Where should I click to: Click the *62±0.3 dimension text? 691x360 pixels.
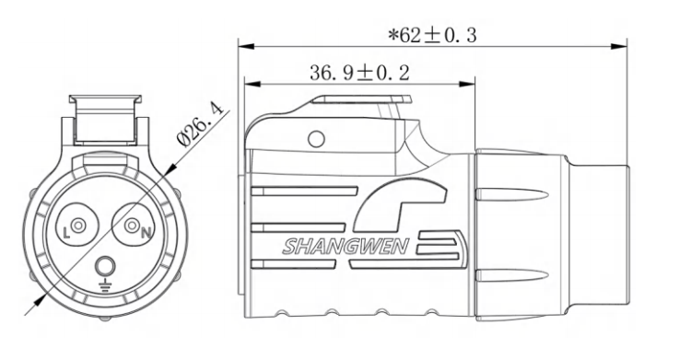[432, 35]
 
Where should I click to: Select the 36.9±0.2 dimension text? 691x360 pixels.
[359, 73]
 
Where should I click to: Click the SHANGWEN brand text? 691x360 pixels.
[345, 247]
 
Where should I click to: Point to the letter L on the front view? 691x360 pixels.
[66, 233]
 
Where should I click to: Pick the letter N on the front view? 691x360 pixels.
[146, 233]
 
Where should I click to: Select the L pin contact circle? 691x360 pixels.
[78, 226]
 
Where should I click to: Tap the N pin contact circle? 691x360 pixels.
[132, 226]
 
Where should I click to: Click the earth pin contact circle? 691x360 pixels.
[105, 266]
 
